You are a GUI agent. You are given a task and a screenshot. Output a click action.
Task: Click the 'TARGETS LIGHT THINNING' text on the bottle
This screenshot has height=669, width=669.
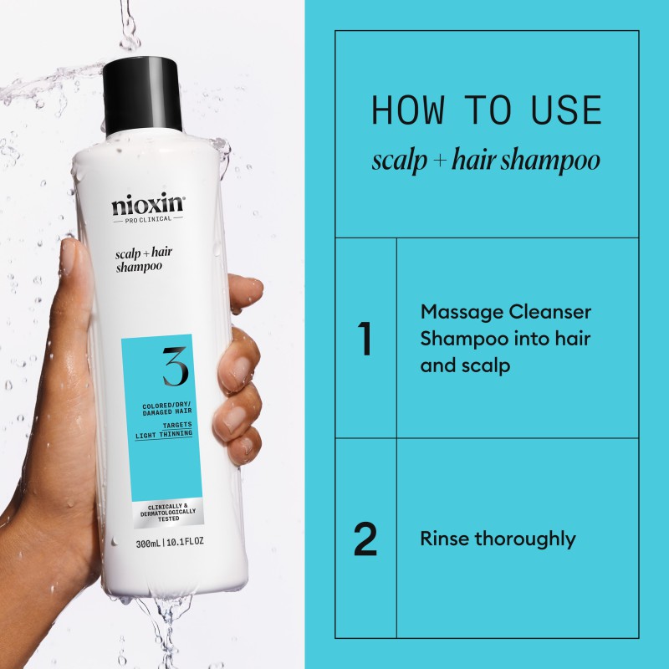tap(168, 430)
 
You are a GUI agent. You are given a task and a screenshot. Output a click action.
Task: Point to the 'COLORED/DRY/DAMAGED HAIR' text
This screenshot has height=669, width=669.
tap(167, 411)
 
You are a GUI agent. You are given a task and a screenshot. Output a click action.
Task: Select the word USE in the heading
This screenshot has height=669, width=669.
tap(567, 111)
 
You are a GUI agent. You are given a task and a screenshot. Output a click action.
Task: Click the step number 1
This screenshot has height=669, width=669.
tap(365, 339)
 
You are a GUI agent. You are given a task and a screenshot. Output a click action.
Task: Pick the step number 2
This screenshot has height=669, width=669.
tap(365, 539)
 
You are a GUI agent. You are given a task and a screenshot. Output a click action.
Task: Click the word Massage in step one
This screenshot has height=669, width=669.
tap(461, 312)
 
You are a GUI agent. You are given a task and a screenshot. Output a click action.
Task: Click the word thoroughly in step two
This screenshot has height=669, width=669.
tap(525, 539)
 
